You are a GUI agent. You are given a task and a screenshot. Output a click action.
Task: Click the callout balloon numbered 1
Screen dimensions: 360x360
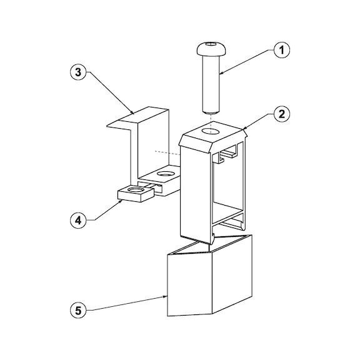pos(282,50)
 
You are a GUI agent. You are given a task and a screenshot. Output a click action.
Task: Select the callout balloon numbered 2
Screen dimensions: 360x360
pos(282,114)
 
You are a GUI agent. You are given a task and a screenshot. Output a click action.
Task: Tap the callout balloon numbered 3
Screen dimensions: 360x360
pos(78,72)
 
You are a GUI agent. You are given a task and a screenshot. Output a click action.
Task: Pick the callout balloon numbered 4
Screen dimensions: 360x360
pos(78,221)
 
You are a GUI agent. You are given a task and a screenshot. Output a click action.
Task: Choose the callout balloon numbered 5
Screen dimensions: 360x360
pos(78,311)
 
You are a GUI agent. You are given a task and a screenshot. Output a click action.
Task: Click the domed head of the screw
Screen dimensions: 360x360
pos(211,49)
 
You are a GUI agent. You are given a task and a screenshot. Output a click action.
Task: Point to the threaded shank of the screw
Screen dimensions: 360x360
pos(211,84)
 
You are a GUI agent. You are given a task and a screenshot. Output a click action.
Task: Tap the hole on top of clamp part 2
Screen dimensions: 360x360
pos(211,131)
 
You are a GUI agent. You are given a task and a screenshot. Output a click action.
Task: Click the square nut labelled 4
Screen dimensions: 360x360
pos(135,194)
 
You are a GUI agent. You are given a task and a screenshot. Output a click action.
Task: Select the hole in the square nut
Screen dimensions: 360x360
pos(136,189)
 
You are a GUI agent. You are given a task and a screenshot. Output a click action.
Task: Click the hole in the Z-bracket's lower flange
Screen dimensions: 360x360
pos(166,174)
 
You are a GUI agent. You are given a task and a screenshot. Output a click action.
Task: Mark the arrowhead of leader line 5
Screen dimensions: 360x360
pos(165,297)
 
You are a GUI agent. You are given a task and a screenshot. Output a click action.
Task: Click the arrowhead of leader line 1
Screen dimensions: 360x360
pos(221,74)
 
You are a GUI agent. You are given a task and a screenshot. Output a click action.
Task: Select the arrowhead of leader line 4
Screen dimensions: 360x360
pos(120,201)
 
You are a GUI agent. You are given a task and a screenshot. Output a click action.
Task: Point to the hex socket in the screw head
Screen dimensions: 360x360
pos(210,44)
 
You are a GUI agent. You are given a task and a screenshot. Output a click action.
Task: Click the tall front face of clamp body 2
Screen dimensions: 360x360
pos(195,194)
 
